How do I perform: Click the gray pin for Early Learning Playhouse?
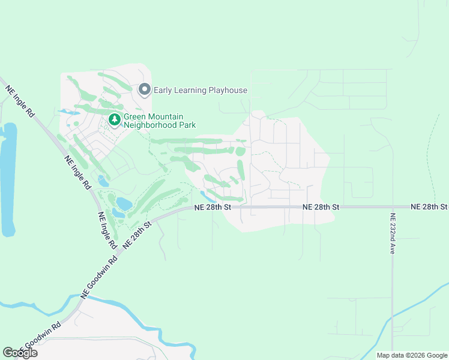tap(144, 90)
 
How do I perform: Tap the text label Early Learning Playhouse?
tap(200, 91)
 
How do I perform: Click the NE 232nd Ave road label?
tap(393, 234)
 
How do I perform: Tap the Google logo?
tap(20, 353)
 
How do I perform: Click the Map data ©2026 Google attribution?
tap(412, 355)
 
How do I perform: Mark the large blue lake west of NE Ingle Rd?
tap(8, 180)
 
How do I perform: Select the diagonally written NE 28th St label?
tap(136, 235)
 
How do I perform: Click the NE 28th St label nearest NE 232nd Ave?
tap(429, 206)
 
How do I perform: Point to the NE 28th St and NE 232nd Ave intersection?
tap(392, 207)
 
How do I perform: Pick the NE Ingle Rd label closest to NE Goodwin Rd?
tap(106, 230)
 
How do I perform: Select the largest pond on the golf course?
tap(124, 203)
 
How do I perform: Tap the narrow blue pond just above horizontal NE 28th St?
tap(206, 196)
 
